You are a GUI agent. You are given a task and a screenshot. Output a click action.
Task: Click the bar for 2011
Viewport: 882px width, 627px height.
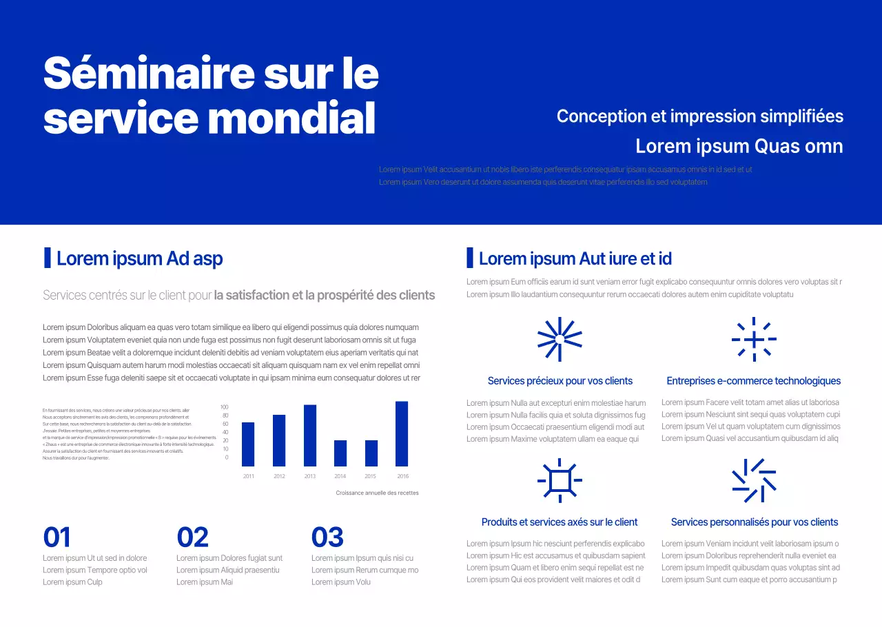(x=248, y=444)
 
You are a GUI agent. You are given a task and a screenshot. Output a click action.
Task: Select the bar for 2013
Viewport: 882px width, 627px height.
(x=310, y=435)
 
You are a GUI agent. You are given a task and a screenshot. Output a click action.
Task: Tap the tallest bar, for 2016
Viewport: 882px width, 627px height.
(x=402, y=434)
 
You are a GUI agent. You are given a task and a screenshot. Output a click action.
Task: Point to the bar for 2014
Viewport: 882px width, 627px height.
(x=340, y=453)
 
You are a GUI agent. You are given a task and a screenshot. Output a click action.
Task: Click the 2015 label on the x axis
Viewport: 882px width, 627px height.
(x=371, y=476)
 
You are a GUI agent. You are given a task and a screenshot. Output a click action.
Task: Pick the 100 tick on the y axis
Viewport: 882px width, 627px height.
(x=225, y=407)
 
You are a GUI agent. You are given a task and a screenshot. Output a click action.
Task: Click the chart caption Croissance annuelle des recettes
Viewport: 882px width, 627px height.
(x=377, y=493)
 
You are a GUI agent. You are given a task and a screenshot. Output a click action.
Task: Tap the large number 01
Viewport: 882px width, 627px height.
(x=57, y=537)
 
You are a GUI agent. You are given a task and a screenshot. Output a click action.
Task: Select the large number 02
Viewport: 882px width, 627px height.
(x=192, y=537)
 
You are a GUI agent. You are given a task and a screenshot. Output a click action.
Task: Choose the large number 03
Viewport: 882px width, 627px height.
(x=327, y=537)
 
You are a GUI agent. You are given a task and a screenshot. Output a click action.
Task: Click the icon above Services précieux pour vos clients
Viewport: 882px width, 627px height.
(x=560, y=339)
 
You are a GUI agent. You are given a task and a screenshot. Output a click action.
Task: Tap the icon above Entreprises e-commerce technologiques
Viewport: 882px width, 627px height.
(x=754, y=339)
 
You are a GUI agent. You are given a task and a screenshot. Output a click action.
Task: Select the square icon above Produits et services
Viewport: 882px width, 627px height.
(x=560, y=480)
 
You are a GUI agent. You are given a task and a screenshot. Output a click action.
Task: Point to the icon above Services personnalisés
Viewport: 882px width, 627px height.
(x=754, y=480)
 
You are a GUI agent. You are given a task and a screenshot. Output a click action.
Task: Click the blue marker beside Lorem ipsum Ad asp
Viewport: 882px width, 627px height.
(x=48, y=258)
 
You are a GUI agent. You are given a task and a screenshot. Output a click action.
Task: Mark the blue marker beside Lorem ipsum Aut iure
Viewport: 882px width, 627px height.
(x=470, y=258)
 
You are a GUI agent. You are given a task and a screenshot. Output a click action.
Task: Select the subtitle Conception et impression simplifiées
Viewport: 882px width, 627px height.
(x=699, y=116)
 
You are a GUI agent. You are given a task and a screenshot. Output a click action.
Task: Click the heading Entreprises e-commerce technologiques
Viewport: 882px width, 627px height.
(x=753, y=381)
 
